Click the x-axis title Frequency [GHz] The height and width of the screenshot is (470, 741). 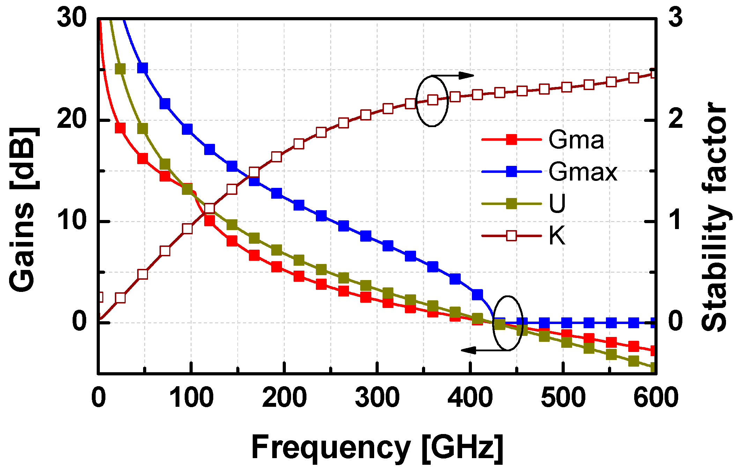pyautogui.click(x=377, y=447)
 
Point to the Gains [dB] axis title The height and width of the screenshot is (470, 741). pyautogui.click(x=23, y=210)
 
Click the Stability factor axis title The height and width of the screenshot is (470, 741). pyautogui.click(x=714, y=216)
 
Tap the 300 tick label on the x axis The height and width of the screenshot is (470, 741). pyautogui.click(x=377, y=398)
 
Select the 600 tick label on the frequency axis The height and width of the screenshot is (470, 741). pyautogui.click(x=655, y=398)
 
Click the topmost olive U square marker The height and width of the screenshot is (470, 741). pyautogui.click(x=120, y=69)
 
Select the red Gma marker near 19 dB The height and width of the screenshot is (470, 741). pyautogui.click(x=120, y=128)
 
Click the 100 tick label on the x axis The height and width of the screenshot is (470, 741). pyautogui.click(x=191, y=398)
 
